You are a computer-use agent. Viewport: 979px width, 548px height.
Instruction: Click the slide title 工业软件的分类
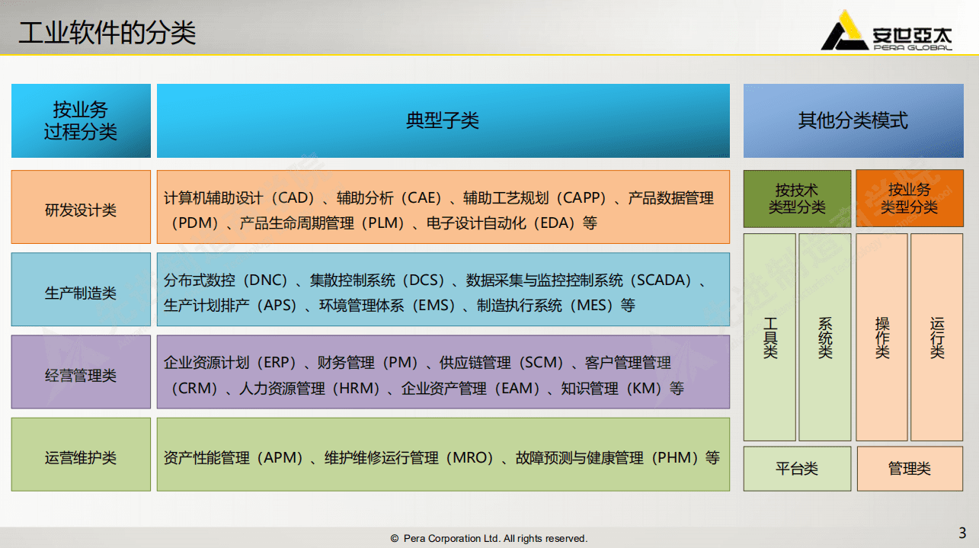point(107,33)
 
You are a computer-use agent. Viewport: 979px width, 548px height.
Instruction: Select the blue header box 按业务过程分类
point(81,120)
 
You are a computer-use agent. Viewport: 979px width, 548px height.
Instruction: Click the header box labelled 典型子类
point(443,120)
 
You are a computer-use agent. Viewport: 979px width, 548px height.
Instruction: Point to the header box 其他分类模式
point(853,120)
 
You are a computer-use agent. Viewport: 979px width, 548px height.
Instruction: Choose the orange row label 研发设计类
point(81,210)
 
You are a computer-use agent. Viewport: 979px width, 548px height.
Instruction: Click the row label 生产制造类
point(81,293)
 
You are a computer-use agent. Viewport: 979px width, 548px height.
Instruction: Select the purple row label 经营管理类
point(81,375)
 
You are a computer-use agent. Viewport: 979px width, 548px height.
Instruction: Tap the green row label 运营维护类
point(81,458)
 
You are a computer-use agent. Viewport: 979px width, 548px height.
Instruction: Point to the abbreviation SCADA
point(663,280)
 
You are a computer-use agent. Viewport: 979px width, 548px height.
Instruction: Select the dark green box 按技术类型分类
point(797,199)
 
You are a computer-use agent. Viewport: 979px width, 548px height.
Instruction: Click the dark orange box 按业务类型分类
point(909,199)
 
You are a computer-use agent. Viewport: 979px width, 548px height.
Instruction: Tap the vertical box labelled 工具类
point(770,338)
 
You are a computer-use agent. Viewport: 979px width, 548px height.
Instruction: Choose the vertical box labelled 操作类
point(882,338)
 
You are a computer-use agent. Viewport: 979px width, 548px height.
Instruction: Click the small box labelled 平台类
point(797,469)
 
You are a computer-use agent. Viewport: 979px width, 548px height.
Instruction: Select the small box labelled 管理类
point(909,469)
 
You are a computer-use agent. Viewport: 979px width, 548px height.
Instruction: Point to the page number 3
point(962,532)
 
